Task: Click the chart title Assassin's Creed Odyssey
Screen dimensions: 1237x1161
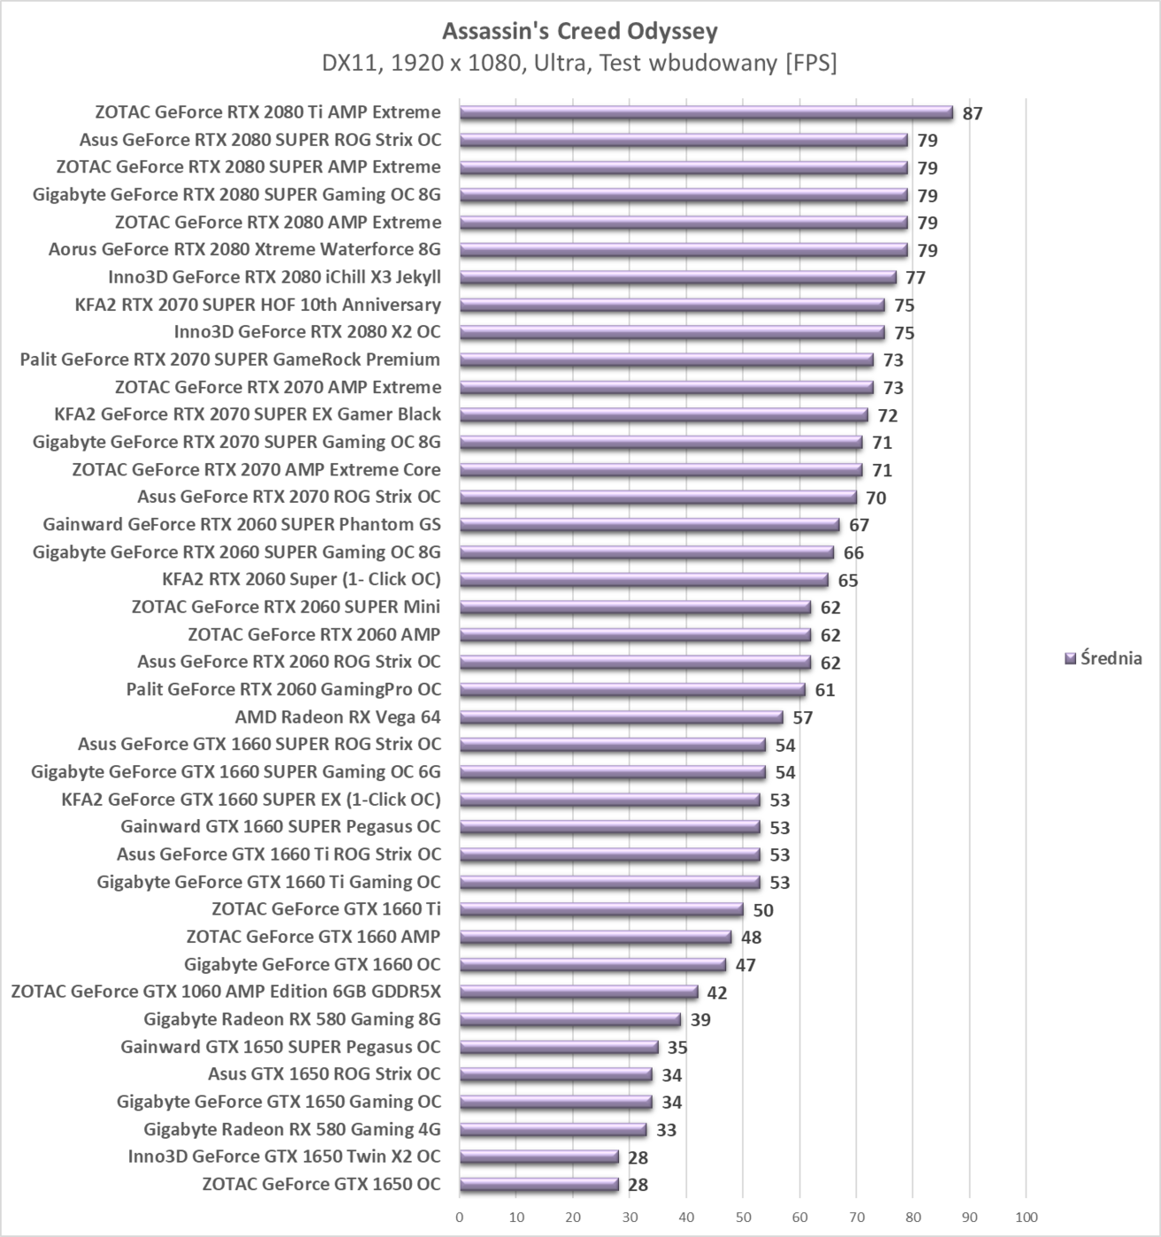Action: (579, 32)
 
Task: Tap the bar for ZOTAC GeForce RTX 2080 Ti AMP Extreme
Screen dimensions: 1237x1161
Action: (706, 112)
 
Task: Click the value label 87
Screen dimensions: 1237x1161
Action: (973, 113)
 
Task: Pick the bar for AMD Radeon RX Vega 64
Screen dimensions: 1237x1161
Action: (621, 717)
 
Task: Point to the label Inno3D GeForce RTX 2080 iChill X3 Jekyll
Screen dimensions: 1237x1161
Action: (274, 277)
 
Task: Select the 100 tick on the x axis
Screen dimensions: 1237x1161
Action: (1026, 1217)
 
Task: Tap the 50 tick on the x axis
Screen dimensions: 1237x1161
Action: (743, 1217)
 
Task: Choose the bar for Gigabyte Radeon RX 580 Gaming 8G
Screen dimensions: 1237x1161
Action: (569, 1020)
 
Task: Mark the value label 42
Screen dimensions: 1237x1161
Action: (717, 992)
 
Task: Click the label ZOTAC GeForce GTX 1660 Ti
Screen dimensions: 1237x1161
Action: (325, 909)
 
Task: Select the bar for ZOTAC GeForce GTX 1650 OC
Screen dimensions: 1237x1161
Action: (538, 1185)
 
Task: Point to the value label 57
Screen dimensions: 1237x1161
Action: (802, 717)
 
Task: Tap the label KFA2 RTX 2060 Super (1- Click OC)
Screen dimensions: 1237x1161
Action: (301, 580)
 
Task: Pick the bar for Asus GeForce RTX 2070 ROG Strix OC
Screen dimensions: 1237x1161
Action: (658, 497)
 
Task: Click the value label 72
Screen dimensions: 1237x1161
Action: (887, 415)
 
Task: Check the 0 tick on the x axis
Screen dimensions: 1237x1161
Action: (460, 1217)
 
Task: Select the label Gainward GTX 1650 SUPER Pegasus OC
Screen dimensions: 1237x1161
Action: (280, 1047)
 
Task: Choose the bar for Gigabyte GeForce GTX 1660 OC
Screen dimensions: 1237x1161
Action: (592, 965)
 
